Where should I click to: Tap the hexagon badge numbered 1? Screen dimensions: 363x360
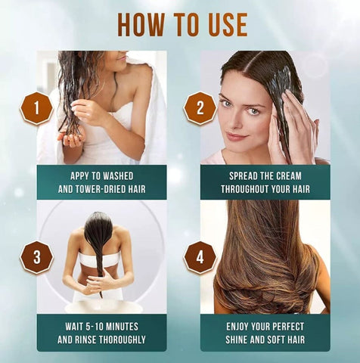(36, 108)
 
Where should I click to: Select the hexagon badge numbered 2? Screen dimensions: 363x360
(200, 108)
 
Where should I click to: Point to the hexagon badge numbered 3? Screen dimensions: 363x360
(36, 257)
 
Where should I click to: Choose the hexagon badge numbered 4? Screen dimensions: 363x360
(200, 257)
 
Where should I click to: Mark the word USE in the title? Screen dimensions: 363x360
(225, 24)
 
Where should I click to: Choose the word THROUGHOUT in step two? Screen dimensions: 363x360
(247, 189)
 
